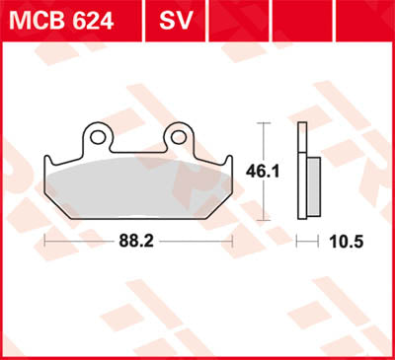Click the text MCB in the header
coord(35,20)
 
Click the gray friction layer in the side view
coord(313,178)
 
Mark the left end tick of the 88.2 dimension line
coord(44,240)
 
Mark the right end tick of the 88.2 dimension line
coord(232,240)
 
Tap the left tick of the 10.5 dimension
coord(300,240)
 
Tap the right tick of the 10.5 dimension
coord(321,240)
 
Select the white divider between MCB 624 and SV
coord(135,20)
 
